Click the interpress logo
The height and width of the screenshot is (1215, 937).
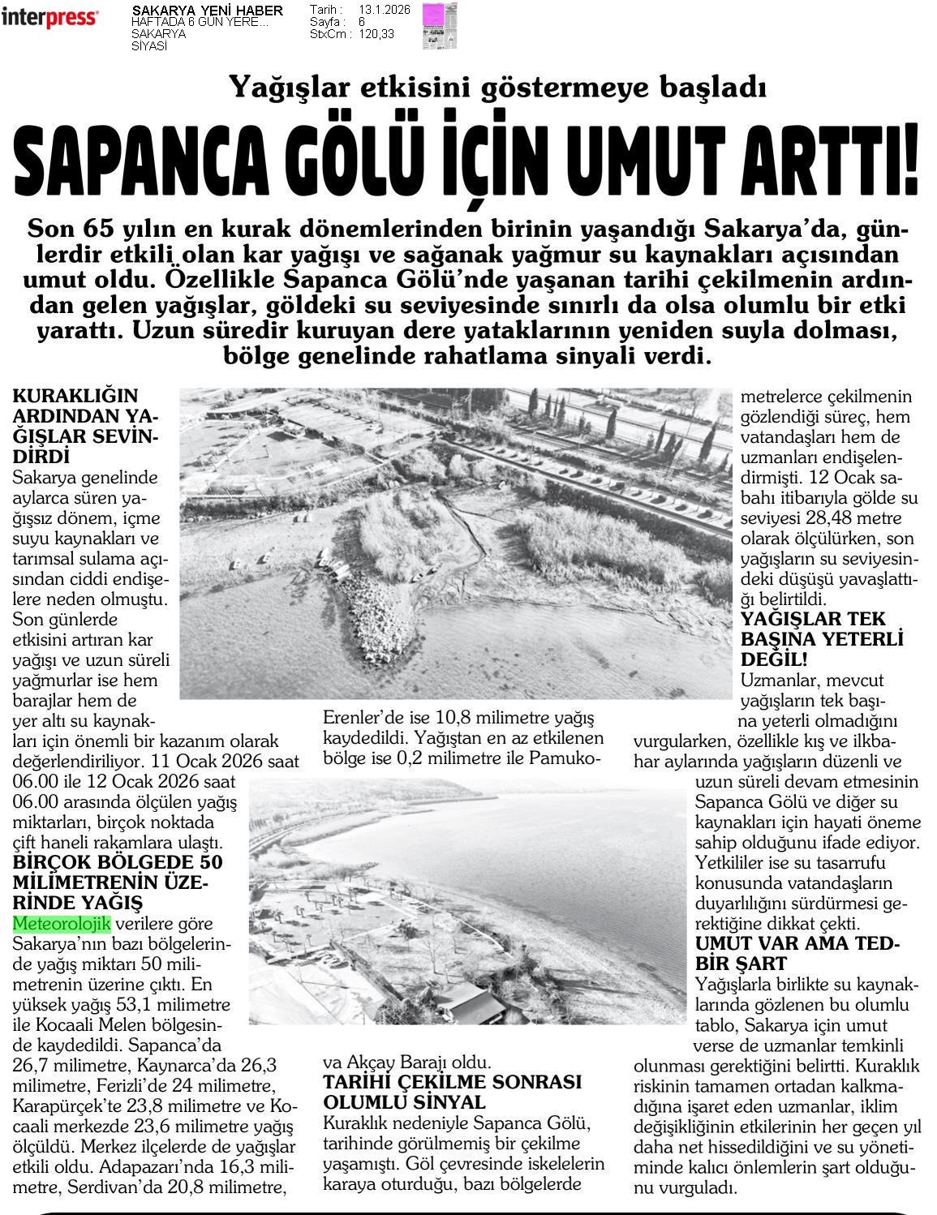[50, 18]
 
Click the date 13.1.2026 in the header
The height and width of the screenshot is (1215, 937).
[384, 10]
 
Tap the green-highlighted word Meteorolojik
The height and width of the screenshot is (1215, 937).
[62, 924]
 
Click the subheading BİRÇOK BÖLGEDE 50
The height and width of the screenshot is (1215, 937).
[118, 862]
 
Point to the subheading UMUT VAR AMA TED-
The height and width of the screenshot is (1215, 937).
[797, 944]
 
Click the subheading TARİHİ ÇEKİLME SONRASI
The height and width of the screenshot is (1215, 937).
[453, 1083]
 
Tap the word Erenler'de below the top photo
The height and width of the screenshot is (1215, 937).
[363, 718]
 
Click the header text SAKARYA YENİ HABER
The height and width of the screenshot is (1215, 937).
[207, 11]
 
